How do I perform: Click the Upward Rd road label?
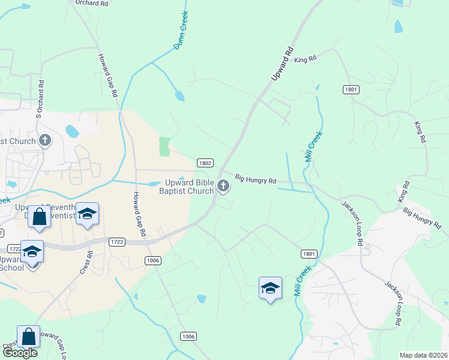tap(282, 62)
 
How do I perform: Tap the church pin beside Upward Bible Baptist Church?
tap(223, 186)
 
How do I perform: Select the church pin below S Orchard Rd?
tap(45, 140)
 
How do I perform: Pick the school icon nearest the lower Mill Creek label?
tap(270, 288)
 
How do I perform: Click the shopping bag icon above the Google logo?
tap(29, 336)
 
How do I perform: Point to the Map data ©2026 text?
tap(423, 355)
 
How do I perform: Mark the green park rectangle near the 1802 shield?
tap(164, 146)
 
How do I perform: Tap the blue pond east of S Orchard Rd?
tap(72, 130)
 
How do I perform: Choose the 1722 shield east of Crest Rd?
tap(116, 241)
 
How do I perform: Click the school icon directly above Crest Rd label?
tap(87, 214)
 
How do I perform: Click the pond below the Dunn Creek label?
tap(179, 95)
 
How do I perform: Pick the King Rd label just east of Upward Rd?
tap(305, 59)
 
